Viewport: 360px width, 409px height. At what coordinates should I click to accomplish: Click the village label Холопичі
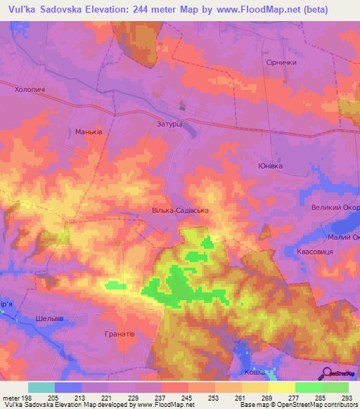tap(30, 90)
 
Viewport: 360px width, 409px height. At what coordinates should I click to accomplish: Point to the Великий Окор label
tap(335, 207)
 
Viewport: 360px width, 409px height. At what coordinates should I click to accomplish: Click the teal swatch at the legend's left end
tap(41, 387)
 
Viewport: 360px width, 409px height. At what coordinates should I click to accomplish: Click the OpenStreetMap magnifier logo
tap(326, 373)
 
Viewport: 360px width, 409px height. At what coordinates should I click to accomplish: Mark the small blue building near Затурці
tap(183, 108)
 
